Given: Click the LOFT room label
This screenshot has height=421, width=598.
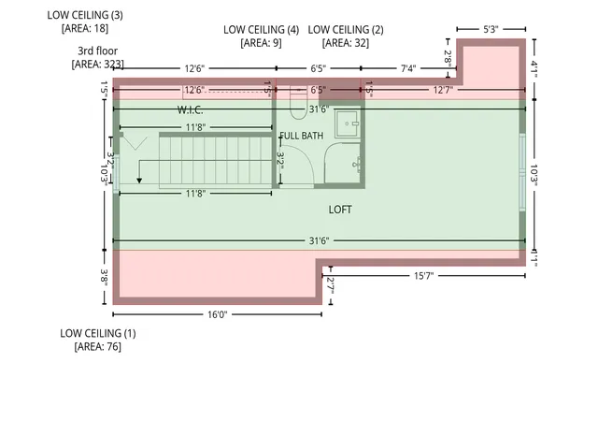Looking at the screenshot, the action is [x=340, y=210].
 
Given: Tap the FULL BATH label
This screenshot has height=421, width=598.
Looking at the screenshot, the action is [x=301, y=136].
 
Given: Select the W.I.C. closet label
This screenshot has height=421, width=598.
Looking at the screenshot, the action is [x=190, y=110].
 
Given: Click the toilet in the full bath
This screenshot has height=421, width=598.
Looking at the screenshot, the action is [x=298, y=103].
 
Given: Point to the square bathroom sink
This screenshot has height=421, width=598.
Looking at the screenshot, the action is [x=347, y=123].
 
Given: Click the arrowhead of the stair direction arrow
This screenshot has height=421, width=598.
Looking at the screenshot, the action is [x=139, y=181].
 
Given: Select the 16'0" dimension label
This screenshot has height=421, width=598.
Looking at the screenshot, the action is [x=218, y=314].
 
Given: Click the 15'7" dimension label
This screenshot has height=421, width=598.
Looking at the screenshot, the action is [x=423, y=275].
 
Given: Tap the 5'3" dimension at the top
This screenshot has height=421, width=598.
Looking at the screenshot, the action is [x=491, y=29].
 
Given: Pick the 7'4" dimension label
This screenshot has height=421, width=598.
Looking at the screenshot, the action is [x=408, y=68].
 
